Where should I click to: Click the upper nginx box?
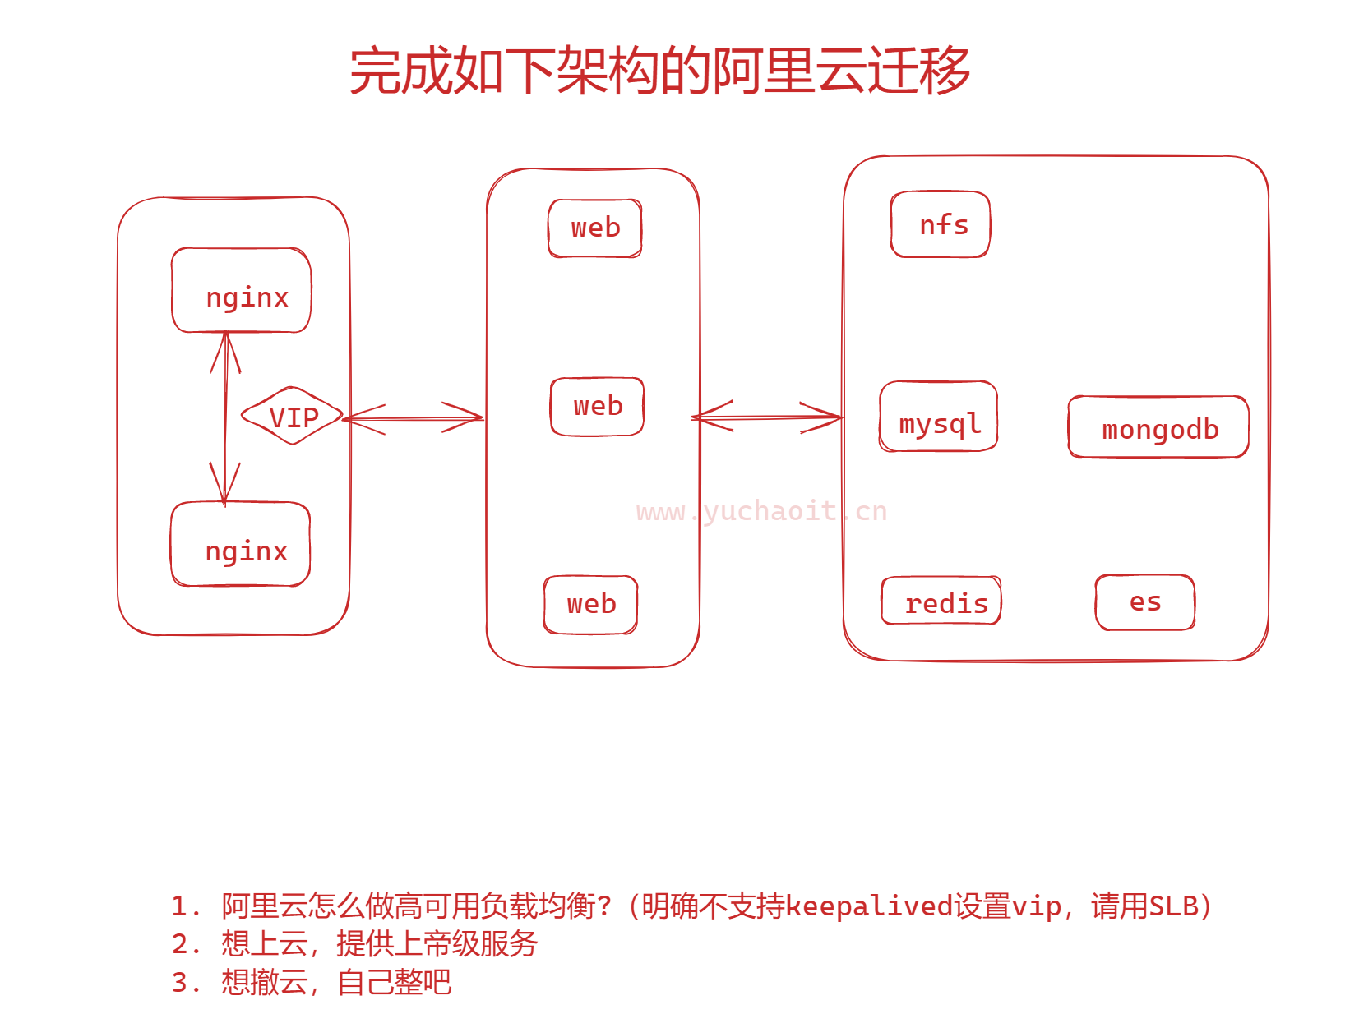(241, 290)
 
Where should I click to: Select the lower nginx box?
(240, 544)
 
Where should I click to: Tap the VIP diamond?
(293, 417)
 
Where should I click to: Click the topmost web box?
(595, 228)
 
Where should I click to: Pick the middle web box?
(597, 407)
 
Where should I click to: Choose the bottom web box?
(590, 605)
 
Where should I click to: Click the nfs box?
(941, 224)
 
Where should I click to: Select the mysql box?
(938, 417)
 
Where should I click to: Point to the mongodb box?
(1158, 427)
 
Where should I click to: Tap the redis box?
(941, 601)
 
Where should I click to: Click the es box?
(1144, 602)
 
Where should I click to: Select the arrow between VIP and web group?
(414, 419)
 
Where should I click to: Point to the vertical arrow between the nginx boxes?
(225, 417)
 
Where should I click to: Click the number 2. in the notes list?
(186, 944)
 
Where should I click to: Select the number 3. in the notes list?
(186, 983)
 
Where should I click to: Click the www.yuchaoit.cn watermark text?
(761, 512)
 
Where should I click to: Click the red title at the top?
(659, 71)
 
